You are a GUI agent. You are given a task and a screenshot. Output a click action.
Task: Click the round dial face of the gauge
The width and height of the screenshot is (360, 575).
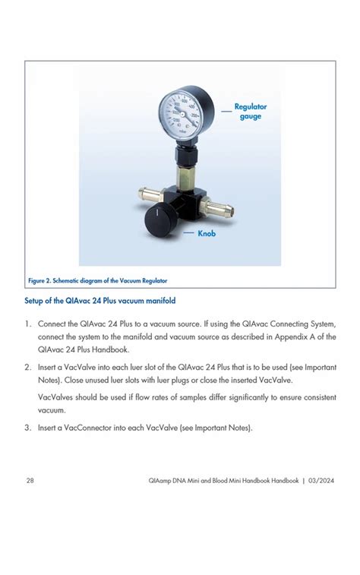180,114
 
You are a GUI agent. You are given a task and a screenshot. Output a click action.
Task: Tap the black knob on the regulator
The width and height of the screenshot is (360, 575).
160,219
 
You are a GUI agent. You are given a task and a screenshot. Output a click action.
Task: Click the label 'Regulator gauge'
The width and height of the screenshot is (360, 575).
251,112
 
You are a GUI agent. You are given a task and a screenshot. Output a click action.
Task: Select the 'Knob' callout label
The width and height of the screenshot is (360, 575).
207,233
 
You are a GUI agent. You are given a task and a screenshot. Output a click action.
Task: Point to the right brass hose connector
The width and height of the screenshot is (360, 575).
218,208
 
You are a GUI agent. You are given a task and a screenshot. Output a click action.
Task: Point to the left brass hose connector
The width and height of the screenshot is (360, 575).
150,194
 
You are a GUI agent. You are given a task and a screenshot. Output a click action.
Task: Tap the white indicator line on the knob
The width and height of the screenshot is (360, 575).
156,212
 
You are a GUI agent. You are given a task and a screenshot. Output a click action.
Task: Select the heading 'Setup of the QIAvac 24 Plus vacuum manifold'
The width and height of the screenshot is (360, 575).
100,301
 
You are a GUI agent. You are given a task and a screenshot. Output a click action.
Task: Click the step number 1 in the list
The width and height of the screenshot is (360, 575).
27,324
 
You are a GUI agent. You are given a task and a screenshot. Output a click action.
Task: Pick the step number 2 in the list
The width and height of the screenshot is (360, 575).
27,368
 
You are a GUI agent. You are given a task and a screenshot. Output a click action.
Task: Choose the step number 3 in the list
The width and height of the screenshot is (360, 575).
27,428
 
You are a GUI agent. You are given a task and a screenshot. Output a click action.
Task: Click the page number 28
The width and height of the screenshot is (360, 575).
30,480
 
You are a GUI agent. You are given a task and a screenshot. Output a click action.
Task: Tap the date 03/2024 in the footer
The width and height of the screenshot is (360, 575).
321,480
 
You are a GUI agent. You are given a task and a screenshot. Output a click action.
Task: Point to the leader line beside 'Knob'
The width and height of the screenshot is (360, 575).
189,233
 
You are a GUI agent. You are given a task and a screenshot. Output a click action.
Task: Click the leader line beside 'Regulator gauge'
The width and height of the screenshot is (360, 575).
226,111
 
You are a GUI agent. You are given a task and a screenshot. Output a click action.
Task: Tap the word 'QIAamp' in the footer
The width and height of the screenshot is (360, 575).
159,481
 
